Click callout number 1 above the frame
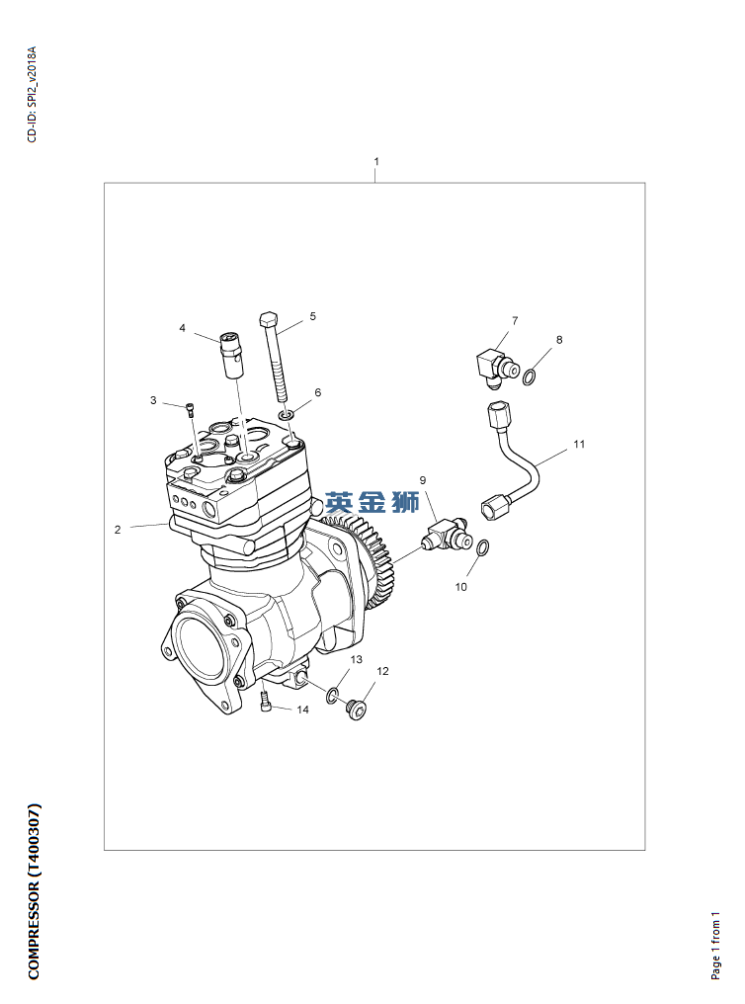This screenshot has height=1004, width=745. coord(376,161)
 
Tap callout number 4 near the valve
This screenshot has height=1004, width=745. coord(183,328)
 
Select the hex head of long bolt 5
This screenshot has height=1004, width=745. coord(269,319)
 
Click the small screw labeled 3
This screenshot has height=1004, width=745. coord(191,410)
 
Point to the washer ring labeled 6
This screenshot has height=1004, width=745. coord(287,416)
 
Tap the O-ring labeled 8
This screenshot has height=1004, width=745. coord(531,376)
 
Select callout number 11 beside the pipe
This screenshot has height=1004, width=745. coord(579,444)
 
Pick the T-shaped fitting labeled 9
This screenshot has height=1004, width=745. coord(446,536)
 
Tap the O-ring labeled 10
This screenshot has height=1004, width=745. coord(484,548)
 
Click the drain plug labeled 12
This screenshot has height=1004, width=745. coord(357,710)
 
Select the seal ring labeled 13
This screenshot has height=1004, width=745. coord(332,696)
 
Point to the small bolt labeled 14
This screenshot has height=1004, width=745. coord(266,702)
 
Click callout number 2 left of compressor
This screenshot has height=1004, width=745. coord(118,530)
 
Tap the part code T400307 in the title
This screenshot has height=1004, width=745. coord(34,841)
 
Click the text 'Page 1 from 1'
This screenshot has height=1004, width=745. coord(715,946)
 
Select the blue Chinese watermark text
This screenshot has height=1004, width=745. coord(372,502)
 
